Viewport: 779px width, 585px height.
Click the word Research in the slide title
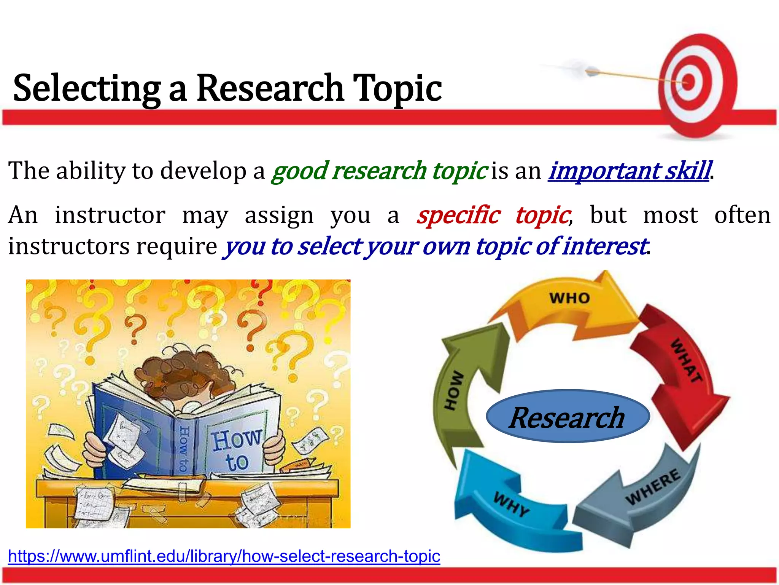pyautogui.click(x=270, y=88)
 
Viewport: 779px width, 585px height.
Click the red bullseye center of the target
pyautogui.click(x=688, y=82)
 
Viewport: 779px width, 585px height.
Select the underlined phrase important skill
pyautogui.click(x=628, y=171)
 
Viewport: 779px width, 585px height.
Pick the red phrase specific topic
pyautogui.click(x=493, y=215)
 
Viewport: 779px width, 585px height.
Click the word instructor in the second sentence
pyautogui.click(x=110, y=215)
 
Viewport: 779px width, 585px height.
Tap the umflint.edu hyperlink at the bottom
pyautogui.click(x=224, y=556)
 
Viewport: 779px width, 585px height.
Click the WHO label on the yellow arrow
pyautogui.click(x=569, y=298)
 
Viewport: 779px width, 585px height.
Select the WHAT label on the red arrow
pyautogui.click(x=686, y=360)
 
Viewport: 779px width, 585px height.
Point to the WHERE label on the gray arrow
pyautogui.click(x=653, y=487)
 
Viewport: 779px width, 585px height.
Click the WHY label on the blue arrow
pyautogui.click(x=511, y=503)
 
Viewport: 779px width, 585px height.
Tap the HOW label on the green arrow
pyautogui.click(x=454, y=390)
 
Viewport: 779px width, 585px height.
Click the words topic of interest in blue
pyautogui.click(x=561, y=246)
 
